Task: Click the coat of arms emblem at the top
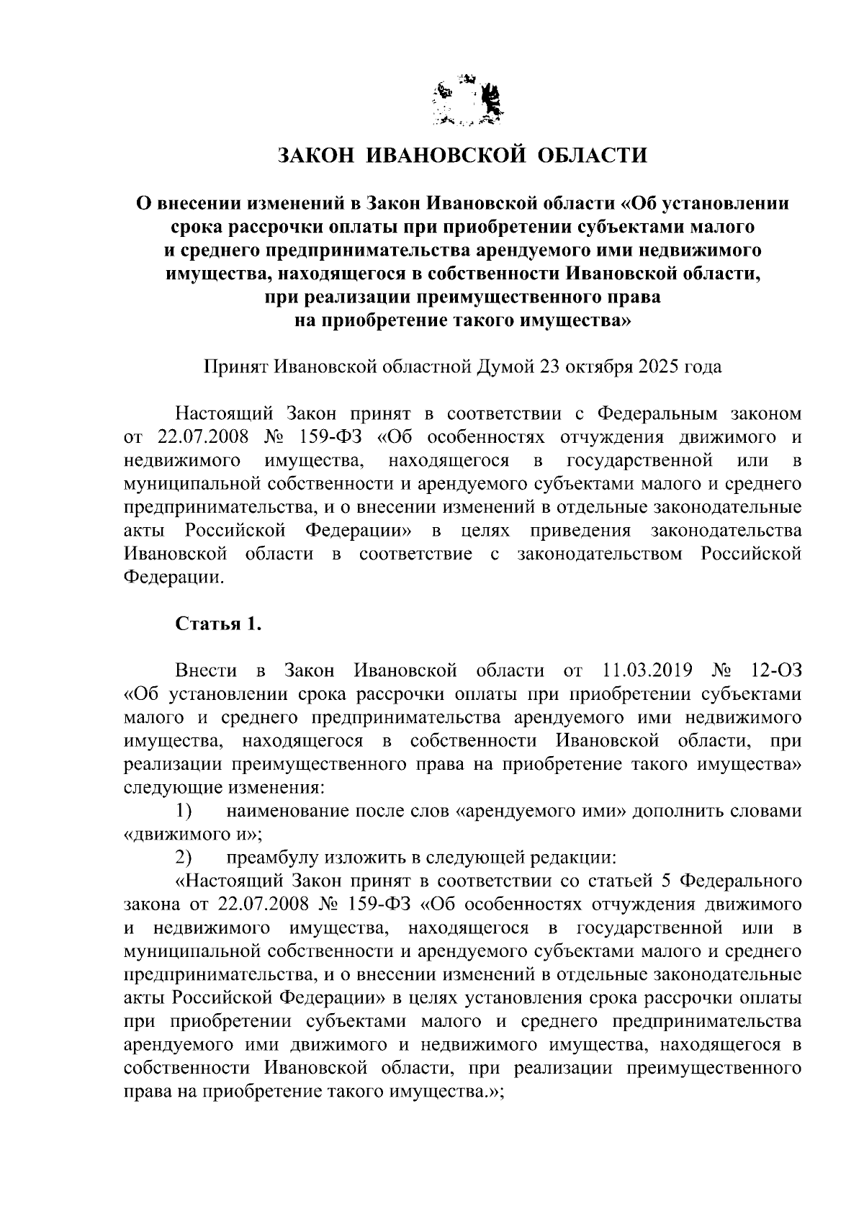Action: [467, 101]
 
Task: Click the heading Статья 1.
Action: [218, 624]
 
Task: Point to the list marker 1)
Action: [184, 812]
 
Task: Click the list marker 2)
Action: [184, 858]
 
